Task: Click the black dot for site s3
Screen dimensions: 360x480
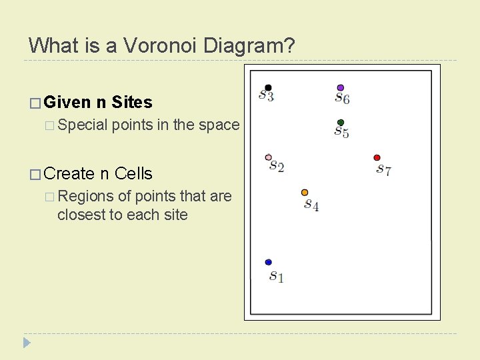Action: [x=268, y=87]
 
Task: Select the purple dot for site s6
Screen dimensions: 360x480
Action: [x=341, y=87]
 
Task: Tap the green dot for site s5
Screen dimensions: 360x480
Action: [x=341, y=123]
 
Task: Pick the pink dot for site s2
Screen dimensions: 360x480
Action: [x=268, y=158]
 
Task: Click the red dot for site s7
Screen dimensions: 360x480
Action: [x=377, y=158]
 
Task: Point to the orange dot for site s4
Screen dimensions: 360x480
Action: [x=305, y=193]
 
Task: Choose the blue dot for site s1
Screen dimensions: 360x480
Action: [x=268, y=263]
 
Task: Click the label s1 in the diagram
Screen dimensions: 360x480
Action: [x=276, y=275]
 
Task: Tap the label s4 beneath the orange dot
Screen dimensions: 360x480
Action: [x=311, y=205]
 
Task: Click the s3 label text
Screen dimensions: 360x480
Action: [x=267, y=97]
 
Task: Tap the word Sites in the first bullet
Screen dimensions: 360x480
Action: [x=132, y=102]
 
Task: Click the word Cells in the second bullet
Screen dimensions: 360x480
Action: [x=133, y=173]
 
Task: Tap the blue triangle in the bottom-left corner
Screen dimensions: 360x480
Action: [x=27, y=343]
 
